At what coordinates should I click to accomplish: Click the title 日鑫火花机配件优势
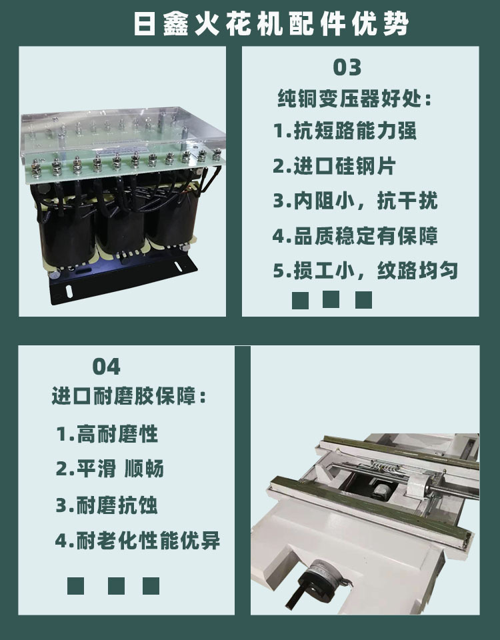[x=271, y=24]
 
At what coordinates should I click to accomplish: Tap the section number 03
[x=347, y=67]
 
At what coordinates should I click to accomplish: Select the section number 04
[x=106, y=367]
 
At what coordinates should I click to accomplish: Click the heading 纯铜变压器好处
[x=354, y=99]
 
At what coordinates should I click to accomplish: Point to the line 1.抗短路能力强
[x=345, y=131]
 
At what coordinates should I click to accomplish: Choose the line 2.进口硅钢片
[x=334, y=166]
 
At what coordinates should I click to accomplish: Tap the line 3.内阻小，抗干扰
[x=355, y=201]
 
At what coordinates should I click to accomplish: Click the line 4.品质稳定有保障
[x=355, y=236]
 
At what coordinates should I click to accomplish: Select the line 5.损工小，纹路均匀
[x=365, y=271]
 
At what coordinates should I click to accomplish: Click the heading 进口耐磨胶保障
[x=129, y=396]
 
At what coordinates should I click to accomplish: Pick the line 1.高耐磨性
[x=107, y=433]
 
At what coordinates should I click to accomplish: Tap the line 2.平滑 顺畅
[x=110, y=469]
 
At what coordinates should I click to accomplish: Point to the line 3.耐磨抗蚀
[x=107, y=505]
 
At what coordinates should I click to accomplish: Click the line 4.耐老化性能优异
[x=137, y=541]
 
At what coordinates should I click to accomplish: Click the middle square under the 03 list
[x=331, y=299]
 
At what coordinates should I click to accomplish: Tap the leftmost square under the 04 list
[x=75, y=586]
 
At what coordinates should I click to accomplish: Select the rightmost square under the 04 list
[x=151, y=586]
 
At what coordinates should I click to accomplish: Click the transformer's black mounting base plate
[x=123, y=277]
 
